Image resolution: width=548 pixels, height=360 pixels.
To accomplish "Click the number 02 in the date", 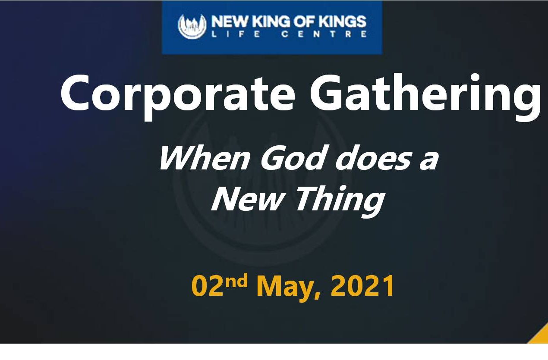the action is click(x=208, y=286).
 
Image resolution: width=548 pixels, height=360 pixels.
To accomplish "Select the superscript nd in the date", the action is click(x=236, y=281).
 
